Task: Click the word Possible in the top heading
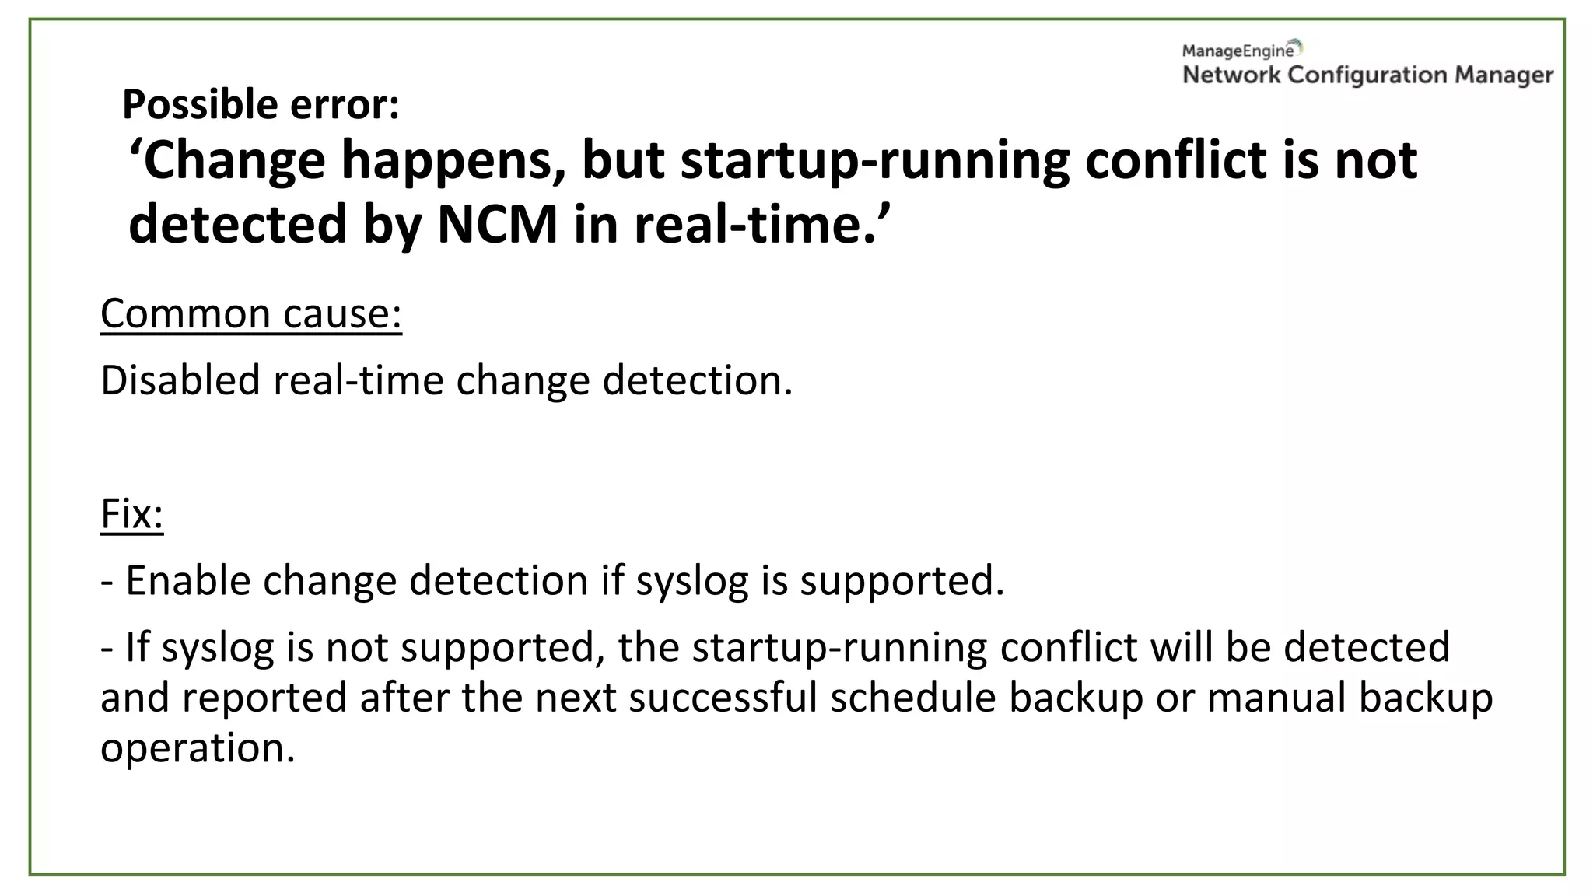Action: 190,105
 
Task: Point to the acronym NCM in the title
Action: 498,225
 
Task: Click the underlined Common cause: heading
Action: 251,313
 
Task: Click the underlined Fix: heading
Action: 132,513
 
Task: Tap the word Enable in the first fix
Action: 187,581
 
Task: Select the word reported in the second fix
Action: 264,697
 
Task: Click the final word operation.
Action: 198,748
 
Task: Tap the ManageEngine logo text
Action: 1238,51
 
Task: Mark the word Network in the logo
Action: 1231,75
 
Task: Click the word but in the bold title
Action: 623,160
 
